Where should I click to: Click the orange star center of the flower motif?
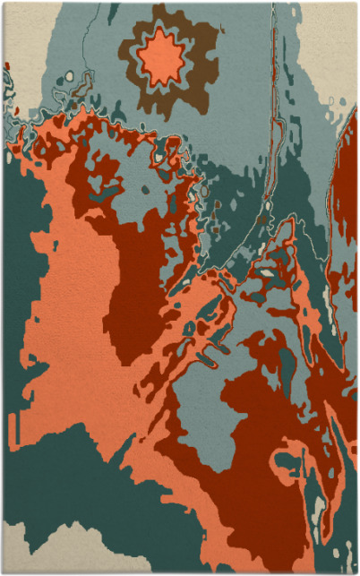pyautogui.click(x=161, y=57)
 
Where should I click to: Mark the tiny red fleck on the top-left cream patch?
pyautogui.click(x=7, y=66)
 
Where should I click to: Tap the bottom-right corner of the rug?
pyautogui.click(x=356, y=572)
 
